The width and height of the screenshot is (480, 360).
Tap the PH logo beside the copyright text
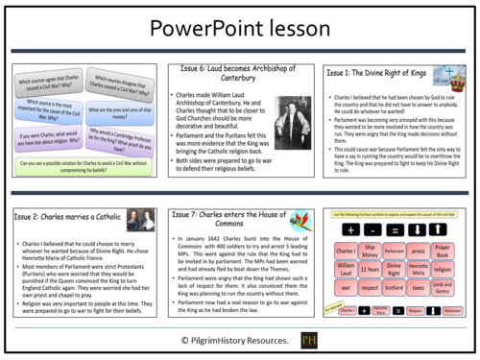click(x=309, y=341)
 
